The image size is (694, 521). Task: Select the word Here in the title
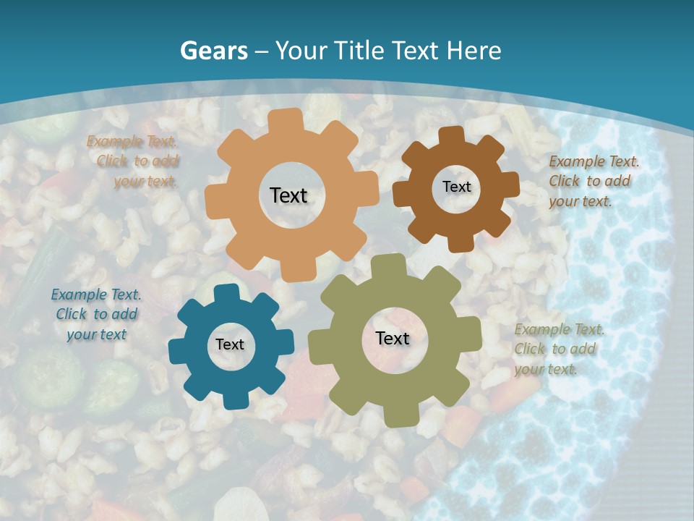474,51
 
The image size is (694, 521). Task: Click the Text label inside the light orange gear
288,195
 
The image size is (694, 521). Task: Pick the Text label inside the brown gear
456,187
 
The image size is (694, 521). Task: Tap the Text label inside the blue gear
230,344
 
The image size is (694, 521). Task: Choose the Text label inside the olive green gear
393,338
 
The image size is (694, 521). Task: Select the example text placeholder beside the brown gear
594,182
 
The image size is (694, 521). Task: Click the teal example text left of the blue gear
96,315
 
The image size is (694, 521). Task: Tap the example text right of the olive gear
559,350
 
